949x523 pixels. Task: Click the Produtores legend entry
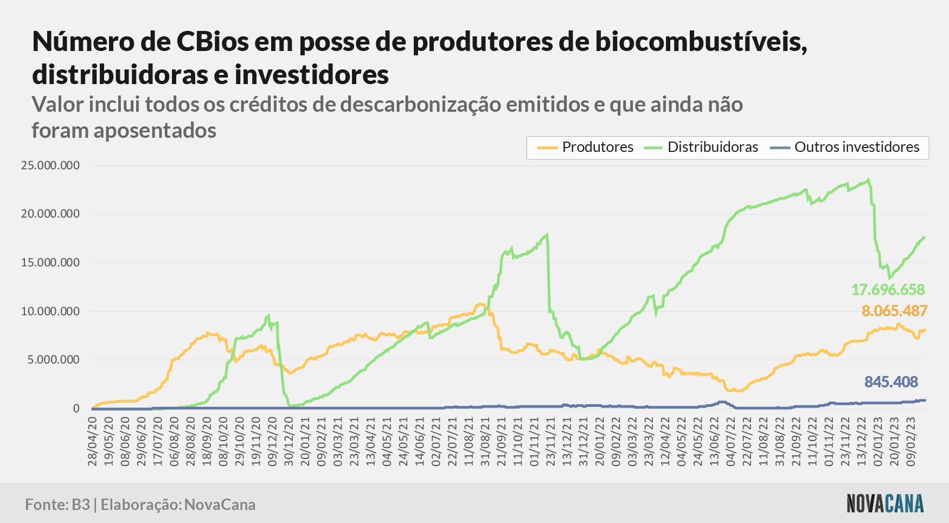pos(585,147)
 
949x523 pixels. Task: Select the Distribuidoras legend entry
pos(701,147)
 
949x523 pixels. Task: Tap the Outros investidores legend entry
pos(845,147)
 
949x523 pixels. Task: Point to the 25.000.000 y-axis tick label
pos(50,165)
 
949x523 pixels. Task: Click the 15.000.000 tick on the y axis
pos(50,263)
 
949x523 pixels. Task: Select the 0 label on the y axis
pos(76,409)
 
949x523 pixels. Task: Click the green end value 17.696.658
pos(888,290)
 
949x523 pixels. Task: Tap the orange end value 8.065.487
pos(894,311)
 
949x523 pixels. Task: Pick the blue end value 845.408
pos(891,382)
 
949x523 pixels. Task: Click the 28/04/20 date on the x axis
pos(92,441)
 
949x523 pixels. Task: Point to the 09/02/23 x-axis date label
pos(911,441)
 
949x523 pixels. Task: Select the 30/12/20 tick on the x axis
pos(288,441)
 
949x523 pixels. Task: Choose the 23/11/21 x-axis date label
pos(550,441)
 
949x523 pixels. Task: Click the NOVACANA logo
pos(885,503)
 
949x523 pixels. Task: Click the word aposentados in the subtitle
pos(155,130)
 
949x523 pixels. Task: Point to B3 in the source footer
pos(81,505)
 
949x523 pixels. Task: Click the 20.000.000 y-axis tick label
pos(50,214)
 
